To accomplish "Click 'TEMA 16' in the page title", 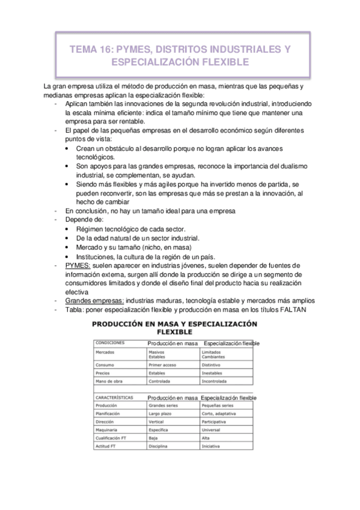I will (x=92, y=51).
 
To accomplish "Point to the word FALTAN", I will (x=294, y=310).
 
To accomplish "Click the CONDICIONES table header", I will (x=110, y=343).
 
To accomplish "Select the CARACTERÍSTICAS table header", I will (x=114, y=398).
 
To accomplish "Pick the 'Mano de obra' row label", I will (x=109, y=381).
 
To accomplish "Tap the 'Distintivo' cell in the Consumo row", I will (x=213, y=364).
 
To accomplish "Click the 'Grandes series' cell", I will (x=164, y=405).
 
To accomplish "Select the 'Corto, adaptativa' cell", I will (x=221, y=414).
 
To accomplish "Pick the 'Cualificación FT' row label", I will (x=112, y=438).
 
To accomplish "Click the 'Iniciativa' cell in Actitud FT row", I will (x=212, y=447).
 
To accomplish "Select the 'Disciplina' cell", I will (x=160, y=447).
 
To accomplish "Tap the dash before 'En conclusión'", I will (x=55, y=211).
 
